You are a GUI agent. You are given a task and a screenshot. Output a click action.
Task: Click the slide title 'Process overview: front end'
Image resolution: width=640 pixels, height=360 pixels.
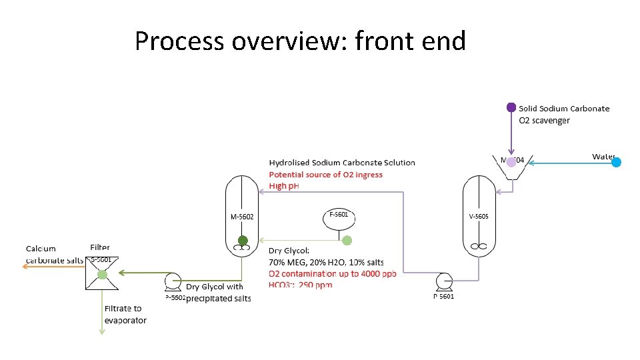point(300,41)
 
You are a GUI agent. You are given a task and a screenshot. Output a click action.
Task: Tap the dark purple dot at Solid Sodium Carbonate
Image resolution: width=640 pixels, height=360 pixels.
point(511,107)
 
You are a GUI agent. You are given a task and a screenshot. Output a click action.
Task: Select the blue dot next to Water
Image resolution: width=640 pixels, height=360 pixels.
point(617,162)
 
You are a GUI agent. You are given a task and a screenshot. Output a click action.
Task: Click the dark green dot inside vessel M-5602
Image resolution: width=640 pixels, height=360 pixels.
point(243,241)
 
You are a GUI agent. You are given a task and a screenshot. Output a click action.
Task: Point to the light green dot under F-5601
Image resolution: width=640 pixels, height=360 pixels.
point(347,241)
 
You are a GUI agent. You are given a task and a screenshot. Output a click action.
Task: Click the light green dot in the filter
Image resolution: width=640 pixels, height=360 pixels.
point(101,274)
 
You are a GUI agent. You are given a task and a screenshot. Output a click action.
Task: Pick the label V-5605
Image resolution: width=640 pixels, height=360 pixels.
point(479,216)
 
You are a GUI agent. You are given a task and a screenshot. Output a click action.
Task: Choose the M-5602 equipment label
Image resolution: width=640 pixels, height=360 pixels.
point(242,216)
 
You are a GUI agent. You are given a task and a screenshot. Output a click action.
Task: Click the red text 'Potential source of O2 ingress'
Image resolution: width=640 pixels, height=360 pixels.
point(326,175)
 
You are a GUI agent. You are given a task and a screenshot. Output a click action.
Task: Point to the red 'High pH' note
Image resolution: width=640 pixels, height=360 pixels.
point(284,186)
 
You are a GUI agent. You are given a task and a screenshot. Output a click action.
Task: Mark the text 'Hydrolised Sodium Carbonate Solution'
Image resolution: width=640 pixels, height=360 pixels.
point(342,163)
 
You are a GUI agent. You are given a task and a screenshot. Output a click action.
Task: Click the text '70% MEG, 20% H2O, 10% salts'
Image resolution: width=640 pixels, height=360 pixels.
point(326,262)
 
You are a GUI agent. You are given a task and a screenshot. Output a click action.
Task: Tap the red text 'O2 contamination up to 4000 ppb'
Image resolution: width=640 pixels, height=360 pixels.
point(332,273)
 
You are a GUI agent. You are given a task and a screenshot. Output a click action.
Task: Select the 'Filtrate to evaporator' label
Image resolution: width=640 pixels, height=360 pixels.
point(125,315)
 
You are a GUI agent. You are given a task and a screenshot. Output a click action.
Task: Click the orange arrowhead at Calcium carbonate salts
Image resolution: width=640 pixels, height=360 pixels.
point(25,265)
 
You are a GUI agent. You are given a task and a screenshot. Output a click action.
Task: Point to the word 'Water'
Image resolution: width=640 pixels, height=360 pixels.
point(603,157)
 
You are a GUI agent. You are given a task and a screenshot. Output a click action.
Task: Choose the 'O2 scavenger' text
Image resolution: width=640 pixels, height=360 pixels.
point(544,121)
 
